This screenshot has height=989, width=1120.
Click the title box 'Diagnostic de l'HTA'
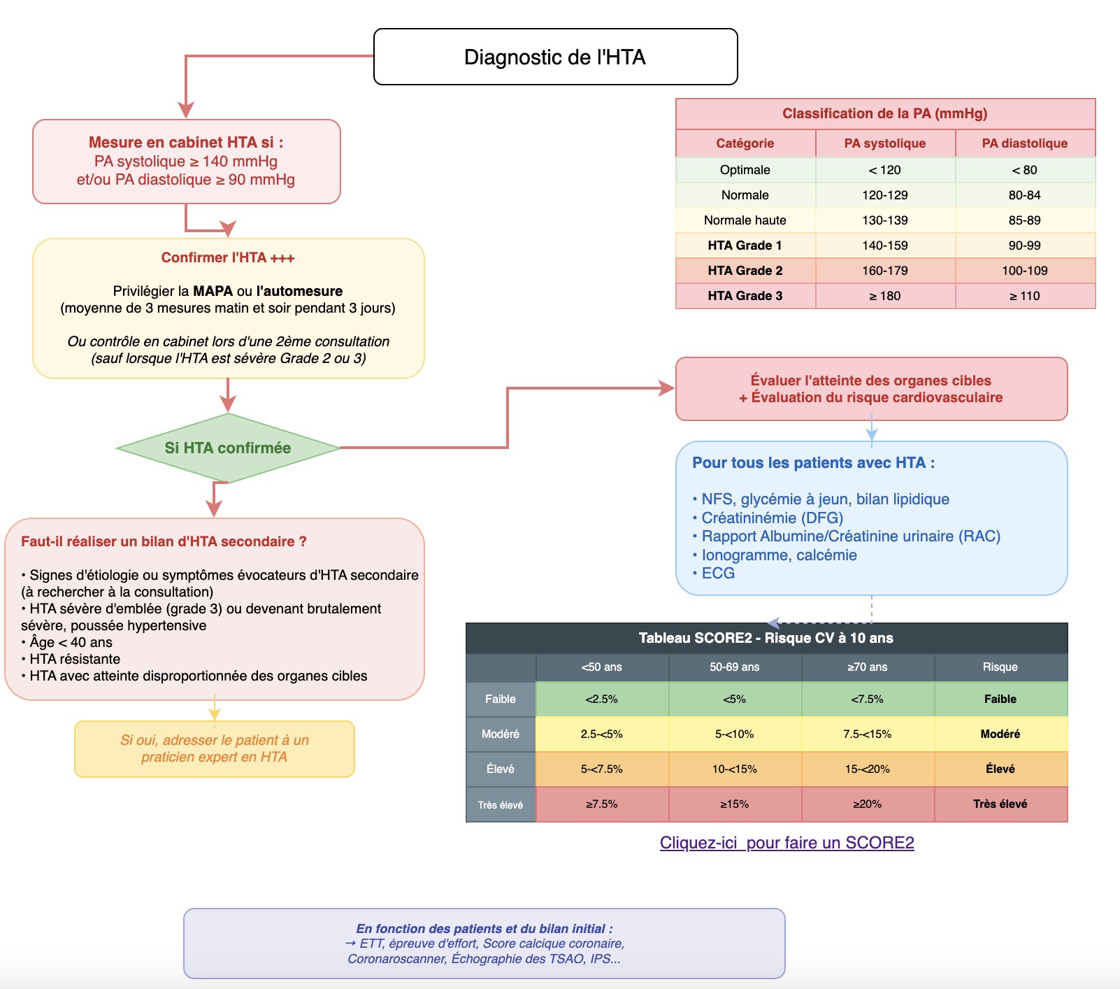coord(555,57)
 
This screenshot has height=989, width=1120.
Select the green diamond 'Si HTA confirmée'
coord(228,448)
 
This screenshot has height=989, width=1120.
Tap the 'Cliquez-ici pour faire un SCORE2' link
coord(787,843)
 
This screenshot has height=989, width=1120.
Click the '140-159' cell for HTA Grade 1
coord(884,246)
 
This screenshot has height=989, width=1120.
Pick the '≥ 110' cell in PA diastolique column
coord(1024,296)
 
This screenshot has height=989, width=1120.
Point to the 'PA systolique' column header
coord(884,143)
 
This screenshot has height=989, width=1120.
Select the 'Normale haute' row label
coord(745,220)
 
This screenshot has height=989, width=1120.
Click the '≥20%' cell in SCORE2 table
coord(867,804)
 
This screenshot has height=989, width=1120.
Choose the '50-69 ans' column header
coord(734,667)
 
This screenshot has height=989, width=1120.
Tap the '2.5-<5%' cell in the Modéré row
coord(601,734)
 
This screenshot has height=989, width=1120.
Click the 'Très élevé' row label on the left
coord(501,805)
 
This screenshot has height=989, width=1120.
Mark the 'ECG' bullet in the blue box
coord(718,574)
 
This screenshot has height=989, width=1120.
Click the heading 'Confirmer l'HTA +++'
coord(228,257)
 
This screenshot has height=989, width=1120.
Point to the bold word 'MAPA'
coord(213,291)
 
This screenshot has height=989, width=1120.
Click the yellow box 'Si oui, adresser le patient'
coord(215,748)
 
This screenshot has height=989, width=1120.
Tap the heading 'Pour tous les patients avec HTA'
coord(813,463)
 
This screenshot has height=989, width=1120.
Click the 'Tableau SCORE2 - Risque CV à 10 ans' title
coord(766,638)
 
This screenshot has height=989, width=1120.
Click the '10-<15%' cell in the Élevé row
coord(734,769)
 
